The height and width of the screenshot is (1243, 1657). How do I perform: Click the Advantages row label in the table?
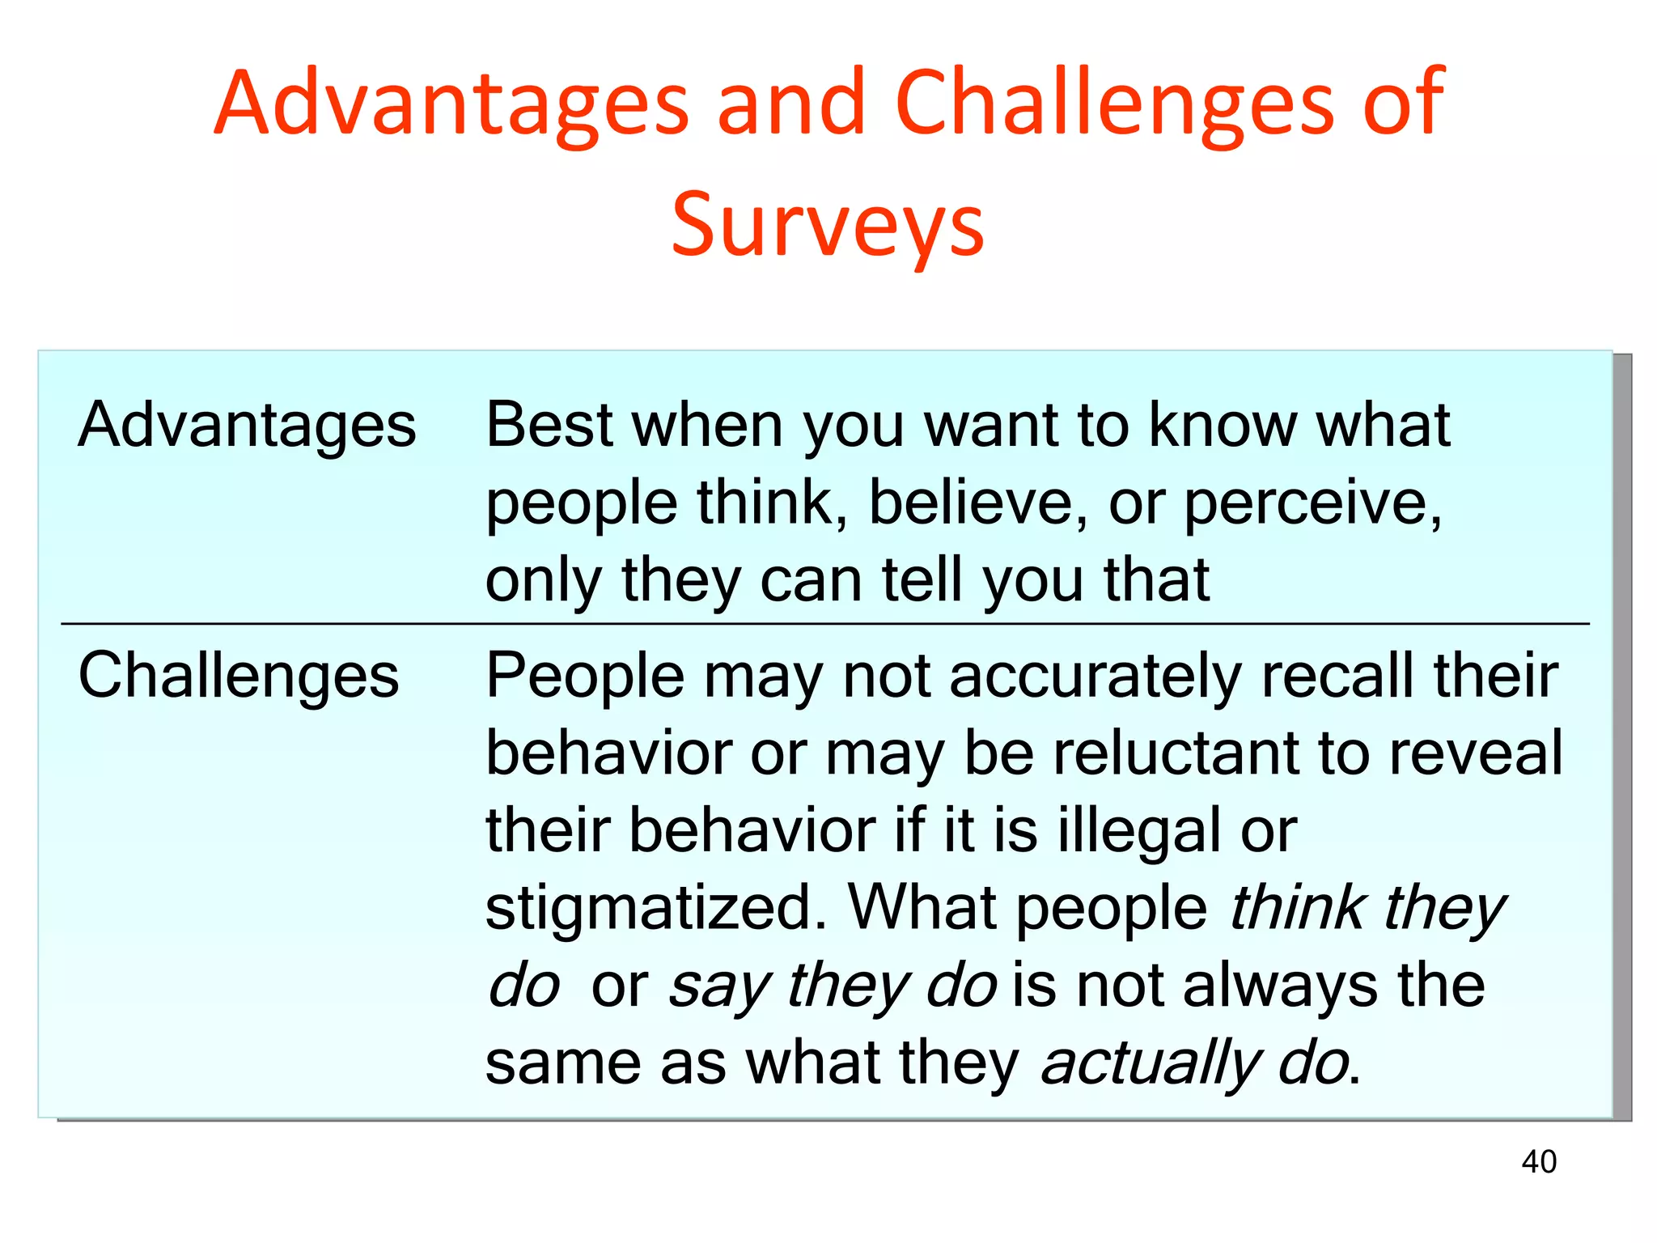[x=247, y=425]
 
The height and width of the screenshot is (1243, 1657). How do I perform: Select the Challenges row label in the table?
[x=239, y=676]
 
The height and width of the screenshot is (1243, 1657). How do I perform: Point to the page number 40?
[x=1538, y=1161]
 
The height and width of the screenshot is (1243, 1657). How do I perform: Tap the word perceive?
[x=1312, y=503]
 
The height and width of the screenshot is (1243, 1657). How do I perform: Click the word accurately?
[x=1095, y=676]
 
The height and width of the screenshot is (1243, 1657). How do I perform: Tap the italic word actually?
[x=1150, y=1063]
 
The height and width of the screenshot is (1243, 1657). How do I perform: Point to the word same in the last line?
[x=562, y=1063]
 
